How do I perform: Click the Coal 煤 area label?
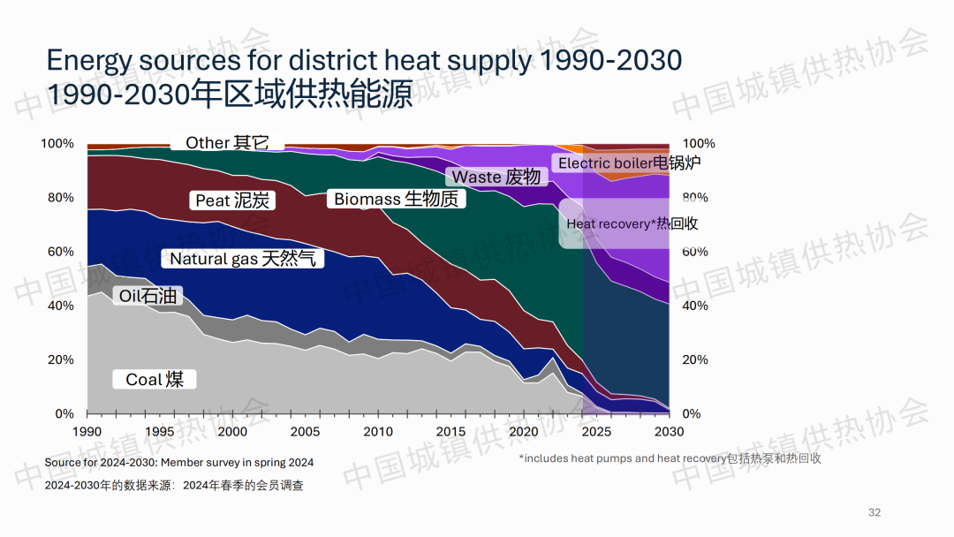coord(155,380)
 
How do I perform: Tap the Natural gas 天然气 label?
coord(242,259)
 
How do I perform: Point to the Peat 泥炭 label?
coord(232,200)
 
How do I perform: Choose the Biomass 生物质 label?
coord(396,199)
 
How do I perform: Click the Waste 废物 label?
coord(496,177)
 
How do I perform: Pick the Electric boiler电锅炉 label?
coord(629,163)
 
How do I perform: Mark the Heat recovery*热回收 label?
coord(632,223)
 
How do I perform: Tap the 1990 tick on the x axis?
coord(87,431)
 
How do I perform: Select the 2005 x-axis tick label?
coord(305,431)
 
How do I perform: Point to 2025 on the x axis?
coord(596,431)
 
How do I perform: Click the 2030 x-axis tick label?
coord(669,431)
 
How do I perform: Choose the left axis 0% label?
coord(64,413)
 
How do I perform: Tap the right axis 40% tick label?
coord(696,306)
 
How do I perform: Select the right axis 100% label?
coord(699,143)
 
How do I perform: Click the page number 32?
coord(874,512)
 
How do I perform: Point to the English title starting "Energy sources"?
coord(364,60)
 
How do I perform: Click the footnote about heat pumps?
coord(670,458)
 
